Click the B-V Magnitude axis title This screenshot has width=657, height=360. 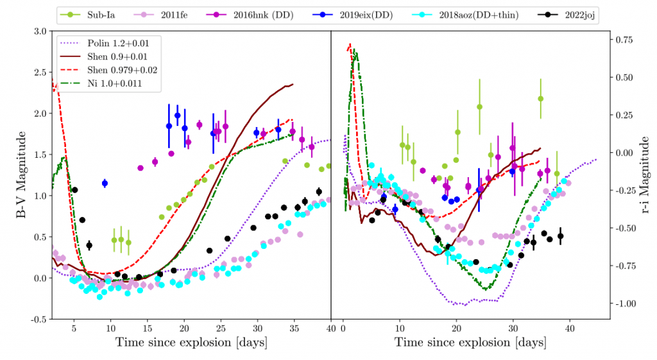pos(22,175)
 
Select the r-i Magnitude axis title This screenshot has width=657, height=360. pos(644,175)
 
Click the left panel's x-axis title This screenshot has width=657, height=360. pos(191,342)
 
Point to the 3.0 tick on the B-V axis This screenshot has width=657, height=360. pos(39,31)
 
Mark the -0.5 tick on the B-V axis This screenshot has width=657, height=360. pos(37,319)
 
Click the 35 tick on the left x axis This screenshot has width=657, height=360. pos(294,327)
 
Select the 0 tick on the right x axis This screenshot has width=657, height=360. pos(343,327)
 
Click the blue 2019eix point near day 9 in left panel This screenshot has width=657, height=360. pos(105,184)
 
